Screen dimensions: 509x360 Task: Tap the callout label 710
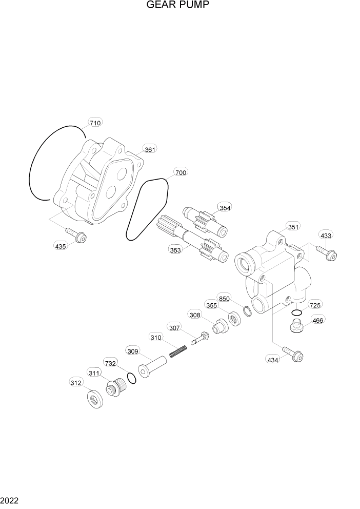(95, 123)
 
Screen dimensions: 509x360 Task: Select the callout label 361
(150, 149)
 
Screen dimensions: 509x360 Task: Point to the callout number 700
(181, 172)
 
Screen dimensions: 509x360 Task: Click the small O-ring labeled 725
(296, 313)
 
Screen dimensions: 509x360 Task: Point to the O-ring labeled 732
(132, 379)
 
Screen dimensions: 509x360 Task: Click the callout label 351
(293, 227)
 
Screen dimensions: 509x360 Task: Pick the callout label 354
(225, 207)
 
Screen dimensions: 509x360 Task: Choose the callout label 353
(175, 250)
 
